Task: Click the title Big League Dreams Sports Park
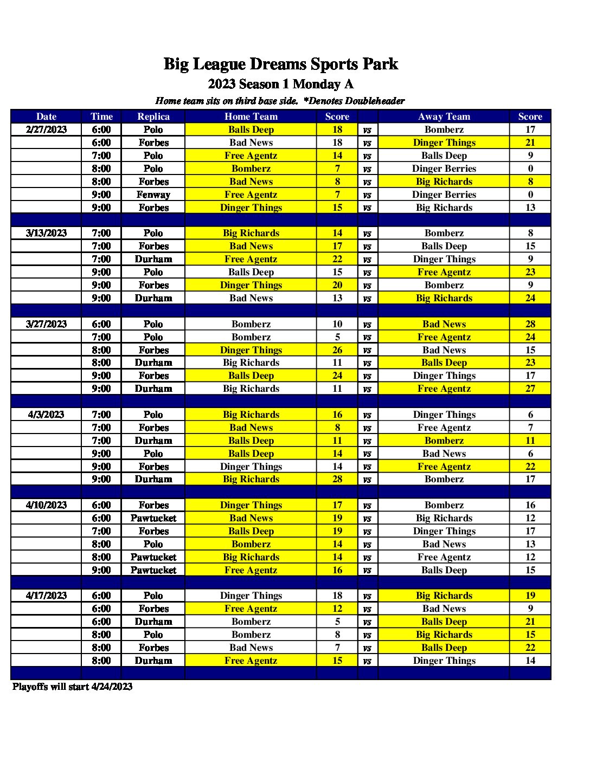click(x=280, y=64)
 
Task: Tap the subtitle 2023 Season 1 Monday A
click(x=280, y=84)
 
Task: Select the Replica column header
click(x=153, y=117)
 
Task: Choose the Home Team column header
click(x=251, y=117)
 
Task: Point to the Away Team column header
click(x=444, y=117)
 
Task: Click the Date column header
click(x=46, y=117)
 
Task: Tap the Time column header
click(x=101, y=117)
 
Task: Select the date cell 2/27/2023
click(x=46, y=130)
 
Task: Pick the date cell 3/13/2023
click(x=46, y=233)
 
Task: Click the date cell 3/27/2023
click(x=46, y=324)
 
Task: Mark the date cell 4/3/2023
click(x=46, y=415)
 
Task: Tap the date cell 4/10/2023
click(x=46, y=505)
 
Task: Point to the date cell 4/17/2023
click(x=46, y=596)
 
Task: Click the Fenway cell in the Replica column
click(x=153, y=195)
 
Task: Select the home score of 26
click(x=337, y=350)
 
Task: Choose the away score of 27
click(x=530, y=389)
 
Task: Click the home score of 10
click(x=337, y=324)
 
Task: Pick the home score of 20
click(x=337, y=285)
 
